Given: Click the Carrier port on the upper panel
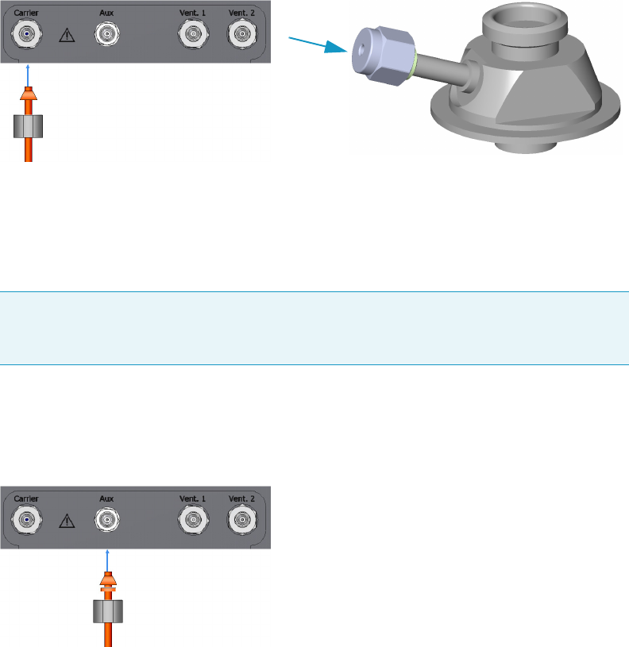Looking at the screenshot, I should (x=29, y=34).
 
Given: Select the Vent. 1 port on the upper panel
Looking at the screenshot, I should (x=191, y=34).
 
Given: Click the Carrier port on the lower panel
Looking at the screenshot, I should (x=29, y=520).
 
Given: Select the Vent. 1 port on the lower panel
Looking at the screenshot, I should (x=191, y=520).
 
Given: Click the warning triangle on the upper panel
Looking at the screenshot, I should (x=68, y=37).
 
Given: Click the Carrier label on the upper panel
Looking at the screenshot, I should (x=27, y=13).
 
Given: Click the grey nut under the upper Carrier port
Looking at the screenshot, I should (x=29, y=126).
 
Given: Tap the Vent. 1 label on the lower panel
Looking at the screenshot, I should (x=191, y=499).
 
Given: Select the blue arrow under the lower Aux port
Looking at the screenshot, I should (x=107, y=558).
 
